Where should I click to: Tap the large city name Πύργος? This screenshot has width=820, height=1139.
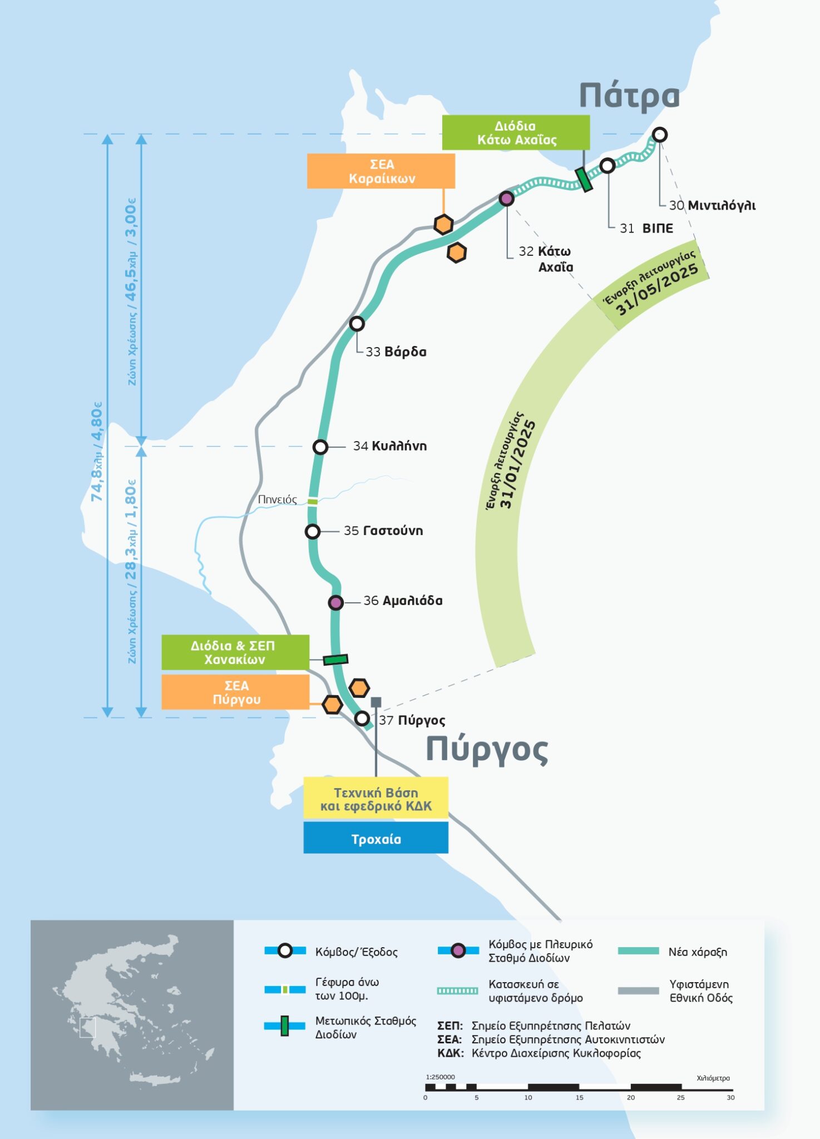click(x=487, y=750)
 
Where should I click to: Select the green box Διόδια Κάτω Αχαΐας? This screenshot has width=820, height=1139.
click(x=516, y=132)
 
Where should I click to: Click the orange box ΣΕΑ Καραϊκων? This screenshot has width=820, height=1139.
click(x=381, y=171)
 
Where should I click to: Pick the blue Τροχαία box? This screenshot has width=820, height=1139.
click(x=376, y=838)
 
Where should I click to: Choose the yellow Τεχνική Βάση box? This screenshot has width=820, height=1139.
click(x=376, y=798)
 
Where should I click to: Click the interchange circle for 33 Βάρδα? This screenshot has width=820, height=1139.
click(x=357, y=323)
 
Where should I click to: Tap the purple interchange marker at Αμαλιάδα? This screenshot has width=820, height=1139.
click(x=335, y=602)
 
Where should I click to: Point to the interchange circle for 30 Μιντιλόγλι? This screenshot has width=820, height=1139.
click(x=659, y=135)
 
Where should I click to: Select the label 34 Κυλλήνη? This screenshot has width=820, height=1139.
click(x=389, y=446)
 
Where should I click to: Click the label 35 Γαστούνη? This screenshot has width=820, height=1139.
click(x=383, y=531)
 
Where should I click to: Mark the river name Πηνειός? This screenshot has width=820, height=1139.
click(x=277, y=499)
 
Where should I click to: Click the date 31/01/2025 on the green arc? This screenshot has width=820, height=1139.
click(x=517, y=464)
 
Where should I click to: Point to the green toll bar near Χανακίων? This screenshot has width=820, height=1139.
click(x=335, y=660)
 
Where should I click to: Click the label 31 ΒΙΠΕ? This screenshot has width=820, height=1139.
click(x=646, y=229)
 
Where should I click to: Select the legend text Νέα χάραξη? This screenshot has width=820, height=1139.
click(x=698, y=952)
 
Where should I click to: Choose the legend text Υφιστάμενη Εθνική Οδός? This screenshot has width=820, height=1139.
click(x=701, y=991)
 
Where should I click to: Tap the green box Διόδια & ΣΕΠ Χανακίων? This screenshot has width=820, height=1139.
click(x=235, y=652)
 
